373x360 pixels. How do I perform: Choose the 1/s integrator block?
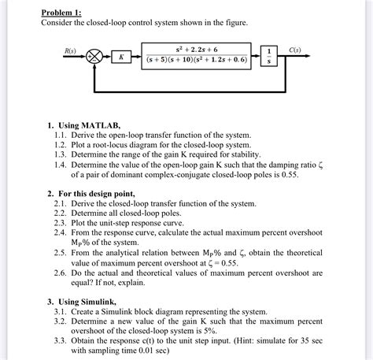[x=270, y=57]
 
